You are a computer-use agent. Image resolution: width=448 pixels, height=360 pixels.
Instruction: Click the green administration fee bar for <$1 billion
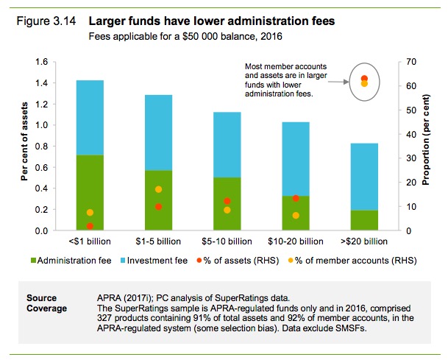[x=90, y=193]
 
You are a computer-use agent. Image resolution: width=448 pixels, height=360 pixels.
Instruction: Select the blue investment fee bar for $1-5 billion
[x=159, y=133]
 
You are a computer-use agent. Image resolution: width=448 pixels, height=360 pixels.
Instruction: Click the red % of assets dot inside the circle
[x=364, y=78]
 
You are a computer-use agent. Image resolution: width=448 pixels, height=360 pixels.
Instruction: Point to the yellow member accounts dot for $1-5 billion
[x=159, y=189]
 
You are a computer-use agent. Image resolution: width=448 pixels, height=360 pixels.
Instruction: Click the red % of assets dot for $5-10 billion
[x=227, y=201]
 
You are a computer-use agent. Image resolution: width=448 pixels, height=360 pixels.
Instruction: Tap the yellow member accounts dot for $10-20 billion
[x=296, y=215]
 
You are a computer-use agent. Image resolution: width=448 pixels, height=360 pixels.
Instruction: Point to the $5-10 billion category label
[x=227, y=241]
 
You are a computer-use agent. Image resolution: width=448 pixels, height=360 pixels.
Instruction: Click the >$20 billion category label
[x=364, y=241]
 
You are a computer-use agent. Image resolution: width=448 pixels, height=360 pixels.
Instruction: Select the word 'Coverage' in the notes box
[x=46, y=308]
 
